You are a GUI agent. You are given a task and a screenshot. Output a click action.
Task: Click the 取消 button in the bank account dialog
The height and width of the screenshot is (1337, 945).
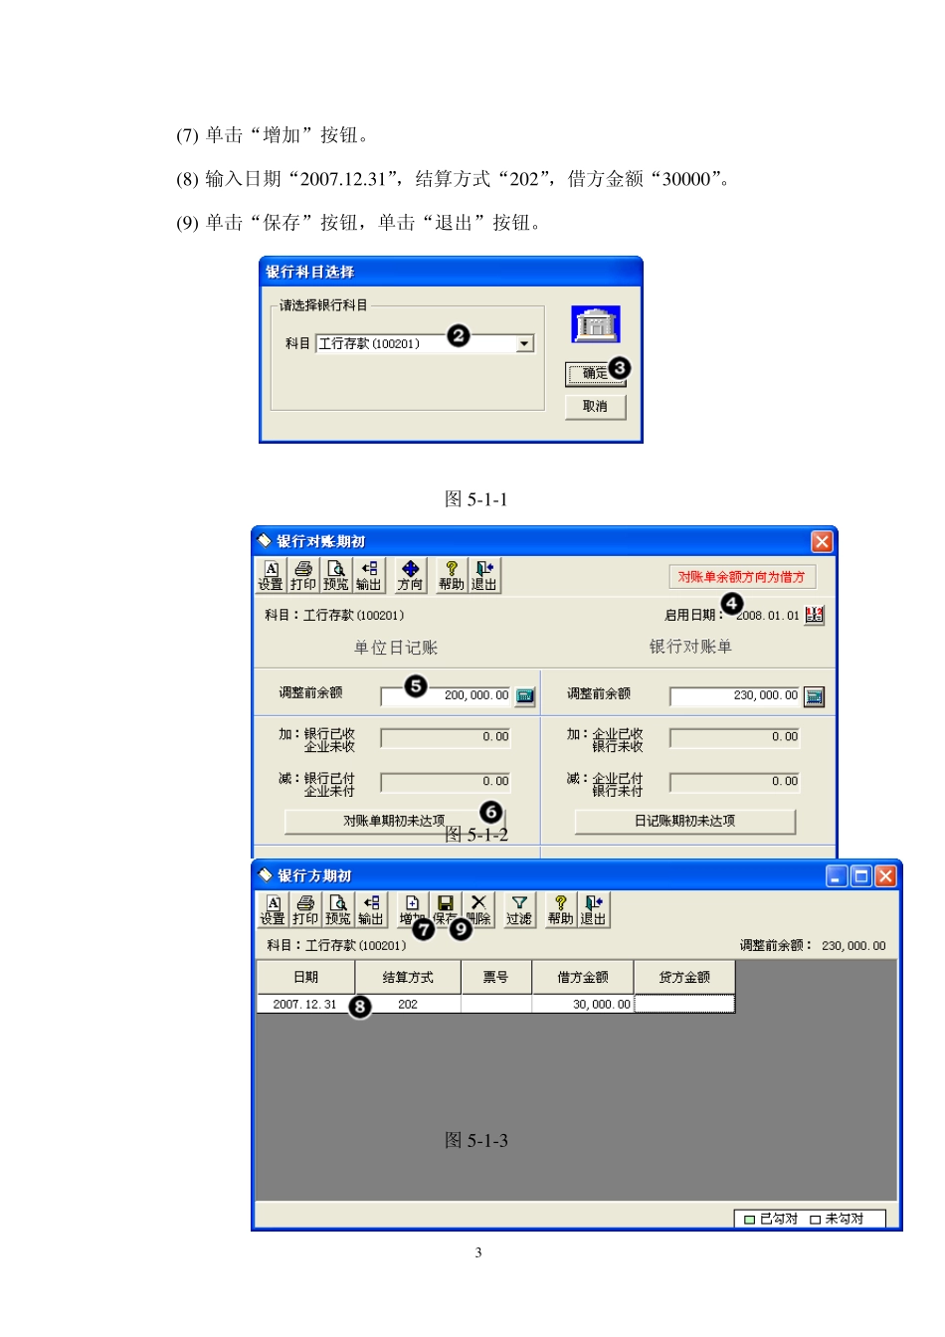click(x=595, y=407)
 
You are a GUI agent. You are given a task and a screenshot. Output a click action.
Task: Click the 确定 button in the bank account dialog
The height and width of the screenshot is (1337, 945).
click(x=595, y=374)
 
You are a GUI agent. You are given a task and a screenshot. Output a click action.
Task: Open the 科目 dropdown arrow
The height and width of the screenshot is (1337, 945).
click(x=524, y=344)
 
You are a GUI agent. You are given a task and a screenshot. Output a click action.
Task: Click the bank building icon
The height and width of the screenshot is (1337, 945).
click(x=595, y=324)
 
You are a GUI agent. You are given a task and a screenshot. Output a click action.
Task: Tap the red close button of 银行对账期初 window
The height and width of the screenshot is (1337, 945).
click(x=822, y=541)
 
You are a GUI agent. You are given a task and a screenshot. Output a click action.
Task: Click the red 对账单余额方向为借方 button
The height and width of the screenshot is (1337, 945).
click(x=741, y=577)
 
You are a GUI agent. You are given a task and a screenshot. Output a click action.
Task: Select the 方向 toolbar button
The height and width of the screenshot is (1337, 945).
click(x=410, y=576)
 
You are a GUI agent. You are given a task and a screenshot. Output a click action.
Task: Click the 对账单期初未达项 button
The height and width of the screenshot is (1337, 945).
click(x=394, y=821)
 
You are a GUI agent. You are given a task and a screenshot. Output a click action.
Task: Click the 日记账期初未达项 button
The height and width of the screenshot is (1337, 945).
click(x=684, y=821)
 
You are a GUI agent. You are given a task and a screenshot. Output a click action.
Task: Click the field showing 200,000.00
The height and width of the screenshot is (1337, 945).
click(x=446, y=695)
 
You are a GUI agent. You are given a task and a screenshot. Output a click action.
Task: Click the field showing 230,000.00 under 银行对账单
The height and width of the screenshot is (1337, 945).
click(x=735, y=695)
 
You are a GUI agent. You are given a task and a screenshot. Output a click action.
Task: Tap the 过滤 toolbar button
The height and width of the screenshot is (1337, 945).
click(x=518, y=910)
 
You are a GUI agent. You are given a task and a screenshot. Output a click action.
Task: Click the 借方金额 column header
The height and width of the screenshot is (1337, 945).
click(x=582, y=977)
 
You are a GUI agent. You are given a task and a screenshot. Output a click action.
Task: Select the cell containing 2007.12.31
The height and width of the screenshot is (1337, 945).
click(x=304, y=1005)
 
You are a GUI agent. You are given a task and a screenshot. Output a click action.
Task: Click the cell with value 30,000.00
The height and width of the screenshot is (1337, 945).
click(x=583, y=1005)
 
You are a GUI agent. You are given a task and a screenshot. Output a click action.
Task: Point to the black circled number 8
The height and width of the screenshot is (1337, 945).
click(x=359, y=1007)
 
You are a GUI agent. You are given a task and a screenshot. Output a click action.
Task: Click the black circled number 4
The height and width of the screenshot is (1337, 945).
click(x=731, y=604)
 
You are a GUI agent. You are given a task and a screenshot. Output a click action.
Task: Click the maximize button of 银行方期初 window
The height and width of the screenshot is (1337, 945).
click(x=861, y=875)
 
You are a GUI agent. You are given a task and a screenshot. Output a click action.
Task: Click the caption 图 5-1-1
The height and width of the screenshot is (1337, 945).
click(x=475, y=499)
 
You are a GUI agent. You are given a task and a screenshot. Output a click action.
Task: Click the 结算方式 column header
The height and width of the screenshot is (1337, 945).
click(x=408, y=977)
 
